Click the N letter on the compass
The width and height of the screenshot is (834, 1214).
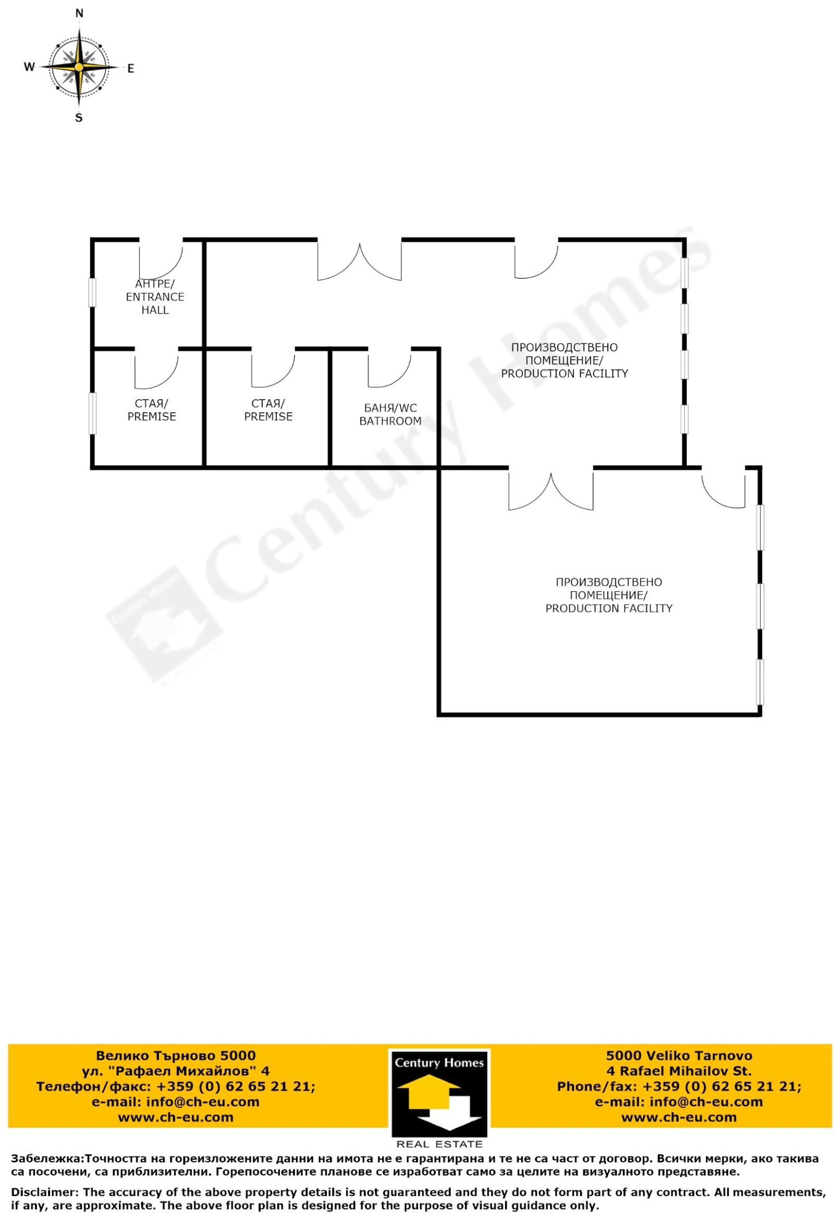pyautogui.click(x=79, y=14)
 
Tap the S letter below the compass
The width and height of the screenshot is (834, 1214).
pyautogui.click(x=79, y=118)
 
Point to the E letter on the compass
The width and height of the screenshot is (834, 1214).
pyautogui.click(x=131, y=68)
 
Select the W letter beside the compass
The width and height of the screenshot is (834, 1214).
pyautogui.click(x=30, y=67)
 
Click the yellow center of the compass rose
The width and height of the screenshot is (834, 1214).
pyautogui.click(x=79, y=67)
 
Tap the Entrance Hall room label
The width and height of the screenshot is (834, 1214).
pyautogui.click(x=155, y=296)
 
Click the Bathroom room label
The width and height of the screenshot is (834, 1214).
pyautogui.click(x=390, y=414)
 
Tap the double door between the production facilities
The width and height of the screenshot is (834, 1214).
pyautogui.click(x=551, y=488)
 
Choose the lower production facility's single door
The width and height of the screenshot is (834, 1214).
pyautogui.click(x=723, y=487)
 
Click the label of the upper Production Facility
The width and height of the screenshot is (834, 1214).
pyautogui.click(x=565, y=361)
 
